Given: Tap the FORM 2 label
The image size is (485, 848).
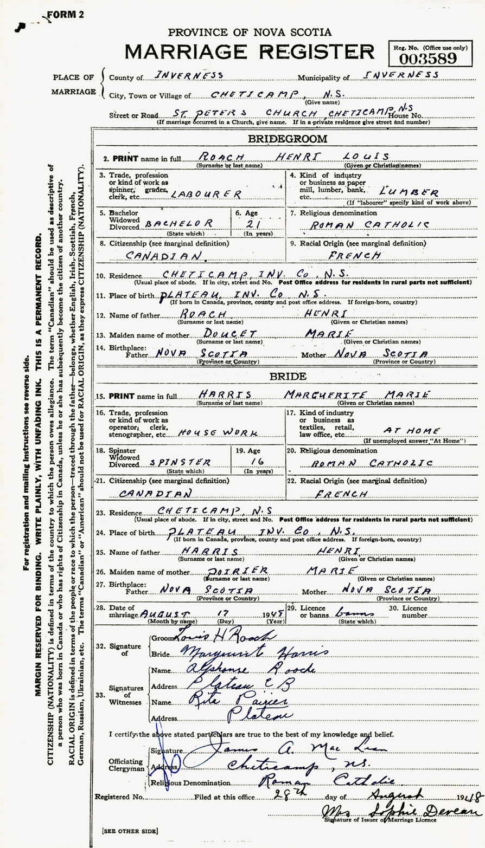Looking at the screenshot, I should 66,15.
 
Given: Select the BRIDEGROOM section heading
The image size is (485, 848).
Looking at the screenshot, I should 288,139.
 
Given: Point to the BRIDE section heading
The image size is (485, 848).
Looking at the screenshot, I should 288,376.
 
